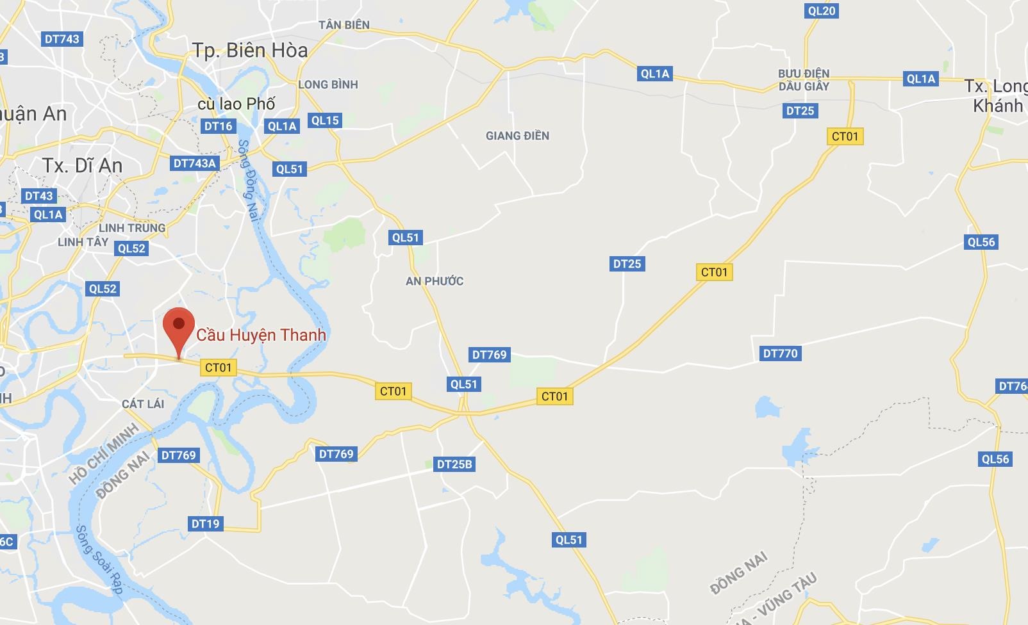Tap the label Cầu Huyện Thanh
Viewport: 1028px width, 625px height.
pyautogui.click(x=261, y=335)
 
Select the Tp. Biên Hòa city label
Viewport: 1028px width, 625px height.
pyautogui.click(x=251, y=51)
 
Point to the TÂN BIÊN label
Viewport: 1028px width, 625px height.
pyautogui.click(x=344, y=25)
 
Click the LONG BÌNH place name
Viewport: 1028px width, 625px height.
pyautogui.click(x=328, y=85)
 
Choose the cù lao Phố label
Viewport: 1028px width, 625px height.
pyautogui.click(x=236, y=104)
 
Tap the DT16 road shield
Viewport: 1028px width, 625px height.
pyautogui.click(x=218, y=126)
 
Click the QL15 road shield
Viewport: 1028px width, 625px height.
pyautogui.click(x=324, y=120)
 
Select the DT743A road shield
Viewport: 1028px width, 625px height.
pyautogui.click(x=195, y=163)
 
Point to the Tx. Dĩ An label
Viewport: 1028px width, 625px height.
pyautogui.click(x=83, y=166)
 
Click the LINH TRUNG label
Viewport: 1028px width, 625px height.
pyautogui.click(x=132, y=228)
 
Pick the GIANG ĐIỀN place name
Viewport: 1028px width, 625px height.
pyautogui.click(x=517, y=136)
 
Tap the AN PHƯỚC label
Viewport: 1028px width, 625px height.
pyautogui.click(x=435, y=281)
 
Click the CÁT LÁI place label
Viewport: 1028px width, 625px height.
pyautogui.click(x=143, y=404)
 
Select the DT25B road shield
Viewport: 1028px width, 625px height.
pyautogui.click(x=454, y=464)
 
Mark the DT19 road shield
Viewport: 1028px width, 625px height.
pyautogui.click(x=205, y=524)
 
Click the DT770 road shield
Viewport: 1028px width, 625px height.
pyautogui.click(x=780, y=353)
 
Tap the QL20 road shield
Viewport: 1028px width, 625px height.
pyautogui.click(x=822, y=11)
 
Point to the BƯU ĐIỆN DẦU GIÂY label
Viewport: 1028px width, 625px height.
pyautogui.click(x=804, y=80)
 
